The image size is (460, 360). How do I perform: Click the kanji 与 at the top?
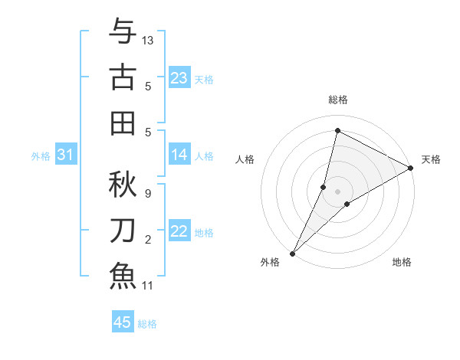[123, 32]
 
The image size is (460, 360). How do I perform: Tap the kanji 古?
[123, 77]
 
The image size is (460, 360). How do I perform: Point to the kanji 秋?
[123, 182]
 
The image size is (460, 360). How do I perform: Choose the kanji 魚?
[123, 275]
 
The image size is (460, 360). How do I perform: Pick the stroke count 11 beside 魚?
[149, 286]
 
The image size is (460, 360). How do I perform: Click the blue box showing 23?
[179, 78]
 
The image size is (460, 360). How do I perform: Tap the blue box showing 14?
[179, 155]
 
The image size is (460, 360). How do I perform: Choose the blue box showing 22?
[179, 232]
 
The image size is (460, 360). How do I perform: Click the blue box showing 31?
[65, 155]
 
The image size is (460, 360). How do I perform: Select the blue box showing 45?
[123, 322]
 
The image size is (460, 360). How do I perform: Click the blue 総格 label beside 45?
[147, 324]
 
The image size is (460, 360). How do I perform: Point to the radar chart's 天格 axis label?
[431, 159]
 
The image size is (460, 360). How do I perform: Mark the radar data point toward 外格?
[292, 254]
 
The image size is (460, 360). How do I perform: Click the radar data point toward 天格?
[411, 169]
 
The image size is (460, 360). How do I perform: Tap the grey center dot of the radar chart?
[337, 191]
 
